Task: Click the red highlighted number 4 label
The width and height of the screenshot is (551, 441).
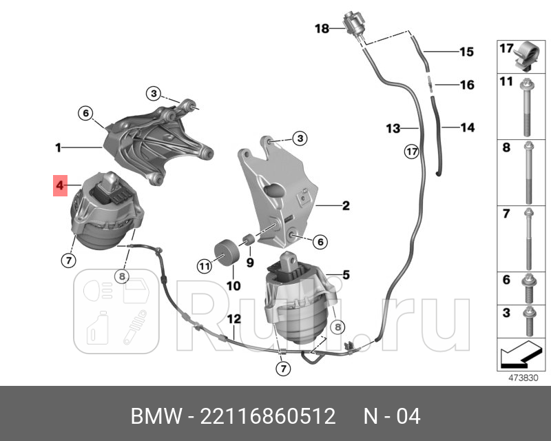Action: click(60, 185)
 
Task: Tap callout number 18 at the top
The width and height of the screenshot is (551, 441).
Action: click(322, 28)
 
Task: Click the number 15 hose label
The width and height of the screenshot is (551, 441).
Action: click(467, 52)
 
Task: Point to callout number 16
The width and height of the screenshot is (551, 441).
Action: click(467, 85)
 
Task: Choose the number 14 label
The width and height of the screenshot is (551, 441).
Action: click(467, 127)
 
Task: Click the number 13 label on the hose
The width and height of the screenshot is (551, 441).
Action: click(393, 128)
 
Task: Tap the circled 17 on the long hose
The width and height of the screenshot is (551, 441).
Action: click(411, 152)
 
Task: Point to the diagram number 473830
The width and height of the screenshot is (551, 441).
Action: click(522, 378)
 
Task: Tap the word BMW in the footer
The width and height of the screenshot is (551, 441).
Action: click(153, 416)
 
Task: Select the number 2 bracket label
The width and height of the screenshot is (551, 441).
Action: click(345, 205)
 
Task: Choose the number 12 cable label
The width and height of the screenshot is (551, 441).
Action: click(233, 319)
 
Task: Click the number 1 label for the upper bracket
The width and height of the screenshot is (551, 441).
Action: click(59, 147)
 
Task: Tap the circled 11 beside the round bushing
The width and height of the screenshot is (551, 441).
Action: click(203, 266)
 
